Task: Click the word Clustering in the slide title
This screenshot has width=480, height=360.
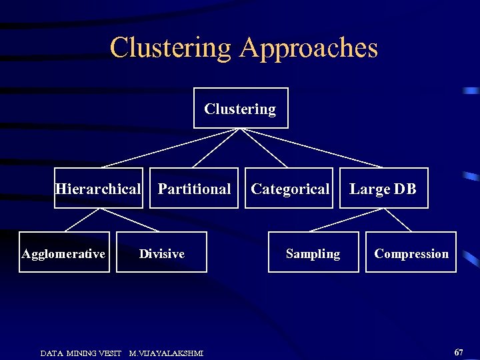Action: point(170,48)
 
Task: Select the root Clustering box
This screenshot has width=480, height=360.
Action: point(241,108)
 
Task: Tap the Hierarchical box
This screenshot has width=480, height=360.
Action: point(98,189)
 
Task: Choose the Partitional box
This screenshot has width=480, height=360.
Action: point(194,189)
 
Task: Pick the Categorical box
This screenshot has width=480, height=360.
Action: point(290,189)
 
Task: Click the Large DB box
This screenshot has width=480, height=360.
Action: point(383,189)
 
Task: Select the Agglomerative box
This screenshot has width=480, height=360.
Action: point(64,253)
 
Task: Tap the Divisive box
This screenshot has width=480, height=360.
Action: point(161,253)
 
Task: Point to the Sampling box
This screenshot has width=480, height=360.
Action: point(313,253)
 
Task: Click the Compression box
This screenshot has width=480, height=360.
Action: point(411,253)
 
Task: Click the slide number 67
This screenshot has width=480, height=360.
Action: point(459,351)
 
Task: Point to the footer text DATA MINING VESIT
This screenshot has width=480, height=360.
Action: point(81,353)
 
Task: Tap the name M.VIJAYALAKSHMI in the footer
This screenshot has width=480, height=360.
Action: point(166,353)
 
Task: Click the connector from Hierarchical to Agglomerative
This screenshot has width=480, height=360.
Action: point(81,220)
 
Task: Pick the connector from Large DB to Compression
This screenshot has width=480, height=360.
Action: point(398,220)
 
